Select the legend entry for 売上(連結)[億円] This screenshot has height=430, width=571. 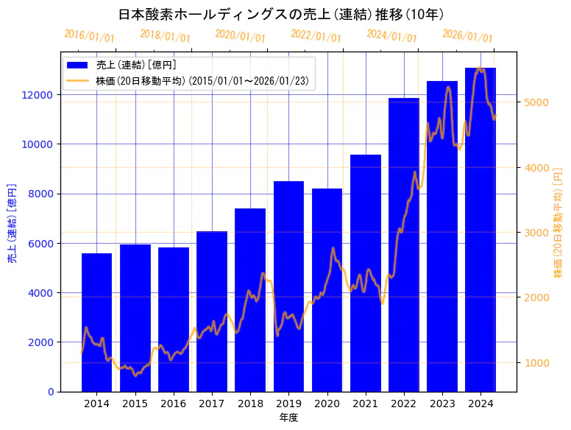[x=136, y=65]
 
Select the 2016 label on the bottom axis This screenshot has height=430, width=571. [x=174, y=403]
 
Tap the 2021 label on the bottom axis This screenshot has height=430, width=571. [x=366, y=403]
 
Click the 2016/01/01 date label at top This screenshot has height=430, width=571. [x=90, y=35]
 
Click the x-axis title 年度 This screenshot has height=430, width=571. [x=288, y=417]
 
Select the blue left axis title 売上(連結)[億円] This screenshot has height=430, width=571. [x=12, y=224]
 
